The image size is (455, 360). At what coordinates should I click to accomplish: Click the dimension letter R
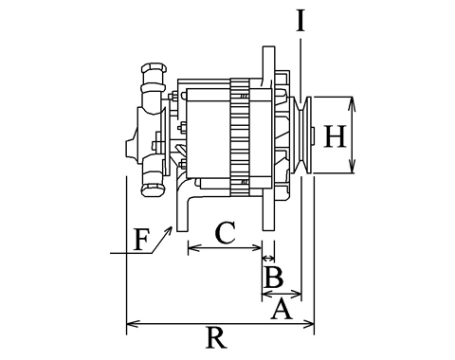[x=217, y=337]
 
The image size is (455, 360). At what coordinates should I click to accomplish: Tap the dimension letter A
[x=282, y=310]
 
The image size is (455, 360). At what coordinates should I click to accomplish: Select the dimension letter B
[x=274, y=278]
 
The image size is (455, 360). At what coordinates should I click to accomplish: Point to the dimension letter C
[x=225, y=233]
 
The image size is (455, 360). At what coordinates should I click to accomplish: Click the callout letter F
[x=141, y=240]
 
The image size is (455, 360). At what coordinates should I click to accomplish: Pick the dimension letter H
[x=336, y=136]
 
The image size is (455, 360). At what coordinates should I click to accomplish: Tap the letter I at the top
[x=300, y=21]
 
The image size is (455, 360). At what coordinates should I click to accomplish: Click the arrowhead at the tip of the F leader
[x=169, y=229]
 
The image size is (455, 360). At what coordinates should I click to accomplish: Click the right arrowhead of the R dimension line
[x=308, y=324]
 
